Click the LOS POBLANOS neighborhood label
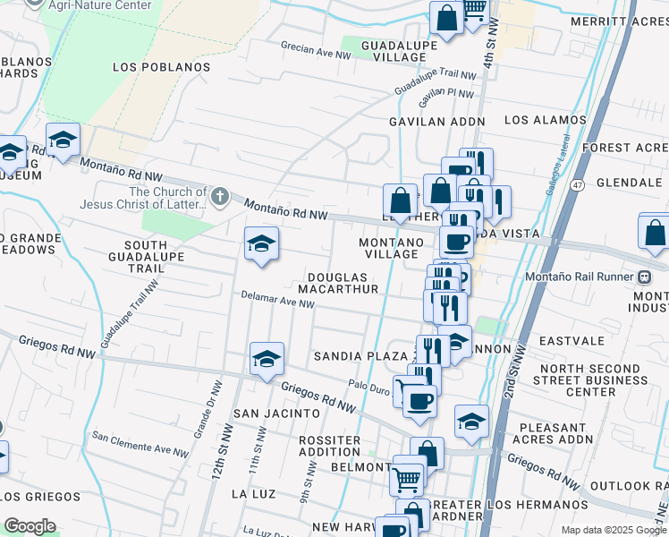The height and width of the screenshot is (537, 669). point(162,67)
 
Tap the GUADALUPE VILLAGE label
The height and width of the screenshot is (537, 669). point(399,51)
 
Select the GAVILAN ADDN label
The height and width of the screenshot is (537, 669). point(436,121)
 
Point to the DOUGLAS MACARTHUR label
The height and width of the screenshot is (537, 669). point(343,284)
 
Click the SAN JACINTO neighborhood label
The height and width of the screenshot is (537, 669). point(276,413)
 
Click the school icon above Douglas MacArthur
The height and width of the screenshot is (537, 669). point(261,243)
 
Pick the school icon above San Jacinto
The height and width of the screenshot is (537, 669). point(267,359)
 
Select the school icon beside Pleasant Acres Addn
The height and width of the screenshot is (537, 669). point(471,422)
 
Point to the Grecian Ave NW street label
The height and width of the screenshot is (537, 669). point(316,55)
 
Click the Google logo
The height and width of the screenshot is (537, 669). point(30,525)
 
